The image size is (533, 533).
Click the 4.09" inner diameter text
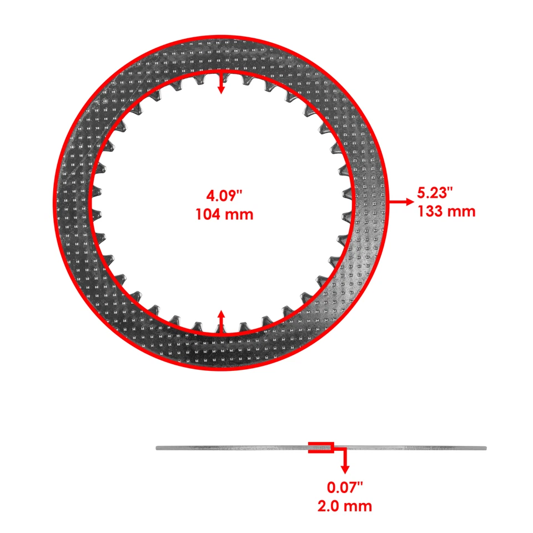224,195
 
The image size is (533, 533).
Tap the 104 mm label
224,214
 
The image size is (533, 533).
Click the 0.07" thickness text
345,487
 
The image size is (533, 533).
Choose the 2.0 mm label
345,506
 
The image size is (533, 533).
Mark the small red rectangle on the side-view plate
321,447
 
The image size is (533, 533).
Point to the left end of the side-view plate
158,449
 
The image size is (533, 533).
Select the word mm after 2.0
360,506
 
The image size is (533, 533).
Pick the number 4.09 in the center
220,195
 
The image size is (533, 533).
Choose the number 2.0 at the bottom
331,506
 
